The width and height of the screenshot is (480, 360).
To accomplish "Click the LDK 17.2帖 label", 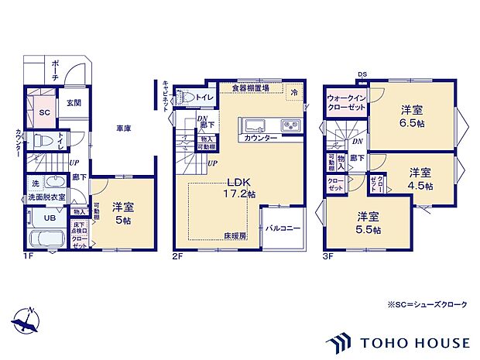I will point(236,189).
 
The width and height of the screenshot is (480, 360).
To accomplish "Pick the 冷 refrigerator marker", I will point(294,92).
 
